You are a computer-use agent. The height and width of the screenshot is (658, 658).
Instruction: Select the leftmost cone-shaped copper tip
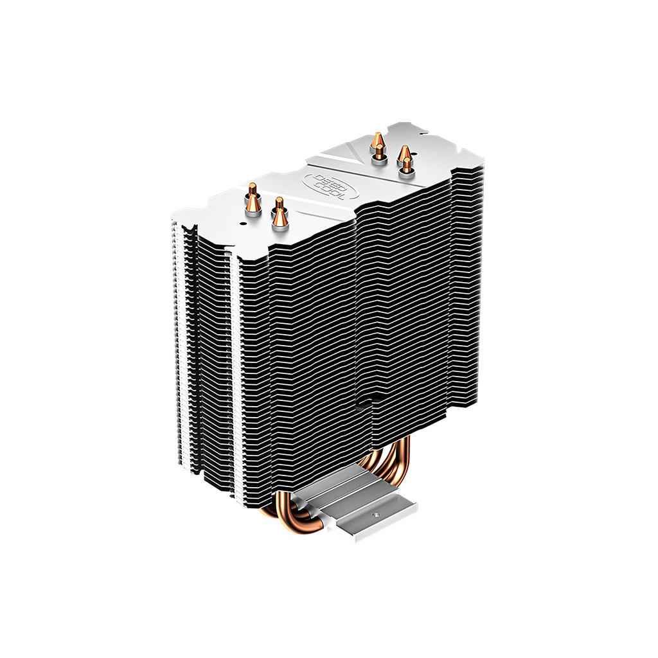(253, 207)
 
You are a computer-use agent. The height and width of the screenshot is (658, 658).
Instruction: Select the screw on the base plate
(391, 514)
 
